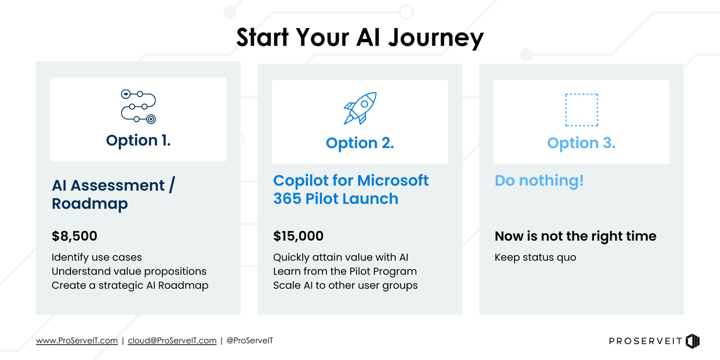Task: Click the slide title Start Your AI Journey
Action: click(360, 37)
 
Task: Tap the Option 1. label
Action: click(138, 140)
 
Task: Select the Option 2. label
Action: click(360, 143)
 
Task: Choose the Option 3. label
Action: click(581, 143)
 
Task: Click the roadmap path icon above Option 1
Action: click(138, 107)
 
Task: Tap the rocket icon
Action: click(360, 108)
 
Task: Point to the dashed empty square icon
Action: click(581, 110)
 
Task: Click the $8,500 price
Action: click(74, 236)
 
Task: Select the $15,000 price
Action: click(298, 236)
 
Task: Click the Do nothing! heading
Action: click(539, 181)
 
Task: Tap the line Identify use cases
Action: click(97, 257)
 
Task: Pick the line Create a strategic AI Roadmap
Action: click(130, 285)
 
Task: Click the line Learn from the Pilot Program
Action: click(345, 271)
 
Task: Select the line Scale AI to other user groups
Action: click(345, 285)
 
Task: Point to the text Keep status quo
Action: click(535, 257)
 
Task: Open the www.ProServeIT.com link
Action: click(77, 341)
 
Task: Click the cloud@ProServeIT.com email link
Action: click(172, 341)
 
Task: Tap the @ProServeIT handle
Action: click(249, 341)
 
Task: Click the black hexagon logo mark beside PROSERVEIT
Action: click(692, 341)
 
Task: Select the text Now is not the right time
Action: click(575, 236)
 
